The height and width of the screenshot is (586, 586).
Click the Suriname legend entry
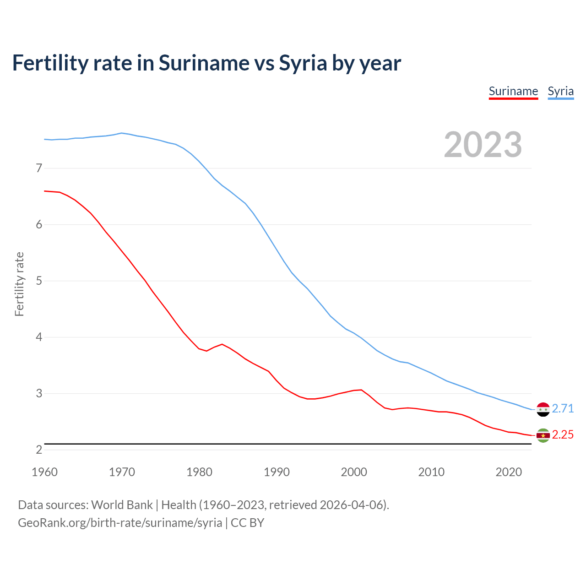click(x=513, y=91)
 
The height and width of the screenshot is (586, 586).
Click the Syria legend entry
click(x=560, y=91)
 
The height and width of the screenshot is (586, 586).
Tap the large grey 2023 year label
click(x=483, y=145)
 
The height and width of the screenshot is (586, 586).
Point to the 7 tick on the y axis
click(x=39, y=168)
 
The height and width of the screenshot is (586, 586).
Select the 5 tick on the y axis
click(x=39, y=281)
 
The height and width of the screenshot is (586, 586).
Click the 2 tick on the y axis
click(x=39, y=450)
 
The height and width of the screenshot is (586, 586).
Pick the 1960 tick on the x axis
click(x=44, y=472)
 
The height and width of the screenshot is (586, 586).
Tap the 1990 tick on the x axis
click(x=277, y=472)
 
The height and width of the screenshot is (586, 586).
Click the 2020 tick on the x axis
click(x=509, y=472)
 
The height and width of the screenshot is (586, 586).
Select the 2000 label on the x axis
click(x=354, y=472)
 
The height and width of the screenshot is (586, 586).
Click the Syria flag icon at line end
click(x=543, y=409)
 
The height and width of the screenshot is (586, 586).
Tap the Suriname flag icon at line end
click(x=543, y=435)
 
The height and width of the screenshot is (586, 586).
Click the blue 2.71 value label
click(x=563, y=408)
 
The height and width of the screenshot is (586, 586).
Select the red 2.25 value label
click(x=563, y=434)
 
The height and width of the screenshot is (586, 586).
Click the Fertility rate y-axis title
click(x=19, y=284)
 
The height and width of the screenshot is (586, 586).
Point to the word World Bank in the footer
click(x=122, y=505)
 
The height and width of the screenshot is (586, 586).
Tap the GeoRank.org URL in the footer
click(x=120, y=522)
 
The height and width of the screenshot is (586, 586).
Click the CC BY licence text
click(x=247, y=522)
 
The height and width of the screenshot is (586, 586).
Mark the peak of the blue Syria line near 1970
click(x=121, y=133)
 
